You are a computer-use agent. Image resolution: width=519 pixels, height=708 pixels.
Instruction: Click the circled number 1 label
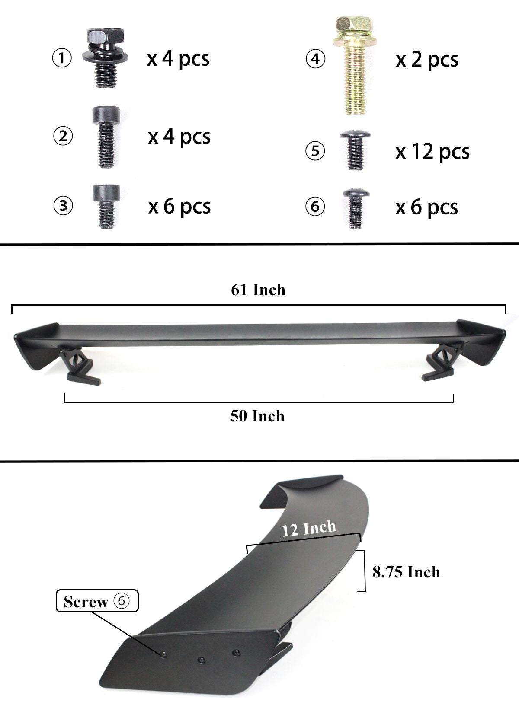[x=62, y=58]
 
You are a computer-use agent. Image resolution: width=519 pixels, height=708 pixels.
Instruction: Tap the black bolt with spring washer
[x=106, y=58]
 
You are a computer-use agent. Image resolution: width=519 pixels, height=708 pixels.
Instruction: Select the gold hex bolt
[x=355, y=66]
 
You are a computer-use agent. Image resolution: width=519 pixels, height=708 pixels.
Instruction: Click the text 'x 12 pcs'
[x=432, y=152]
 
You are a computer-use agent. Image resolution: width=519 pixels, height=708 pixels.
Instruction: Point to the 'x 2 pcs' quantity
[x=426, y=60]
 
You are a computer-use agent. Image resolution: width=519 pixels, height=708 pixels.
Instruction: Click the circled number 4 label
[x=315, y=59]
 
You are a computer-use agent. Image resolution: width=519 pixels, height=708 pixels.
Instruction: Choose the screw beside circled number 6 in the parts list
[x=356, y=208]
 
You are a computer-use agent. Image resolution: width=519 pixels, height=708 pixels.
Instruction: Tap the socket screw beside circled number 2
[x=106, y=137]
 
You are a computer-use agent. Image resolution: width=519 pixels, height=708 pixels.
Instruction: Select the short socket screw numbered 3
[x=106, y=207]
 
